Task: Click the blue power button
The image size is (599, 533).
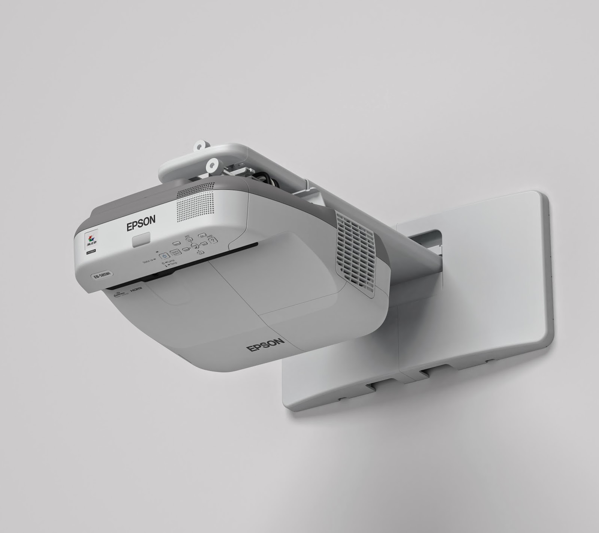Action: [164, 256]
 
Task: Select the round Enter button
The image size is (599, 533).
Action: [194, 246]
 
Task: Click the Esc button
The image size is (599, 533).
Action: [203, 236]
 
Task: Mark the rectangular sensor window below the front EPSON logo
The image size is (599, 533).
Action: [141, 239]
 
